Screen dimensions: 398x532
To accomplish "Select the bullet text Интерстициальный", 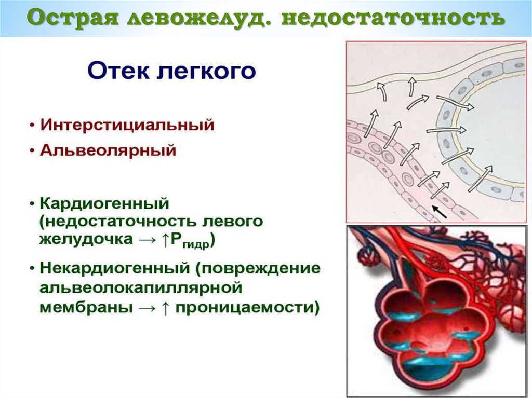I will pyautogui.click(x=127, y=126).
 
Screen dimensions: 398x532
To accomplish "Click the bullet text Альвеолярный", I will pyautogui.click(x=109, y=151).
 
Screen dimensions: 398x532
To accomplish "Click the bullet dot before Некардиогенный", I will pyautogui.click(x=33, y=269).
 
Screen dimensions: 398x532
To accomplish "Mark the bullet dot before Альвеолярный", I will pyautogui.click(x=33, y=152).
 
